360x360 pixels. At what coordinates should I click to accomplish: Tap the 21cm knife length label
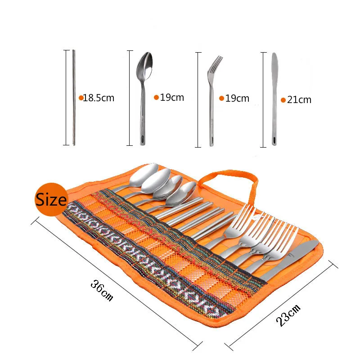click(x=299, y=100)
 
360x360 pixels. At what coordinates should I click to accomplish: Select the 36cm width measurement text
click(x=102, y=290)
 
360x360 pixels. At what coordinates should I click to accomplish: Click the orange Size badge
click(x=51, y=198)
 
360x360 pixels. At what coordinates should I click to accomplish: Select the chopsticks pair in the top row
click(x=74, y=97)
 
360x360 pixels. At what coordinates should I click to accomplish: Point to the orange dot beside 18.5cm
click(x=81, y=98)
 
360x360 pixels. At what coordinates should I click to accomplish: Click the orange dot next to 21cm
click(x=283, y=100)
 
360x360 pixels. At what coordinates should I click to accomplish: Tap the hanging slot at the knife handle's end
click(x=274, y=141)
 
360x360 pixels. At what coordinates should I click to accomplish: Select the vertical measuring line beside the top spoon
click(x=130, y=98)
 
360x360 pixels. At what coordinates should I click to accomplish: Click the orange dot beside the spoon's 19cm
click(x=156, y=97)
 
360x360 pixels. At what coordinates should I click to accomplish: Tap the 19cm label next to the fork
click(x=237, y=98)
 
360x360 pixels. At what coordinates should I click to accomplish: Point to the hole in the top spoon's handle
click(x=143, y=139)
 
